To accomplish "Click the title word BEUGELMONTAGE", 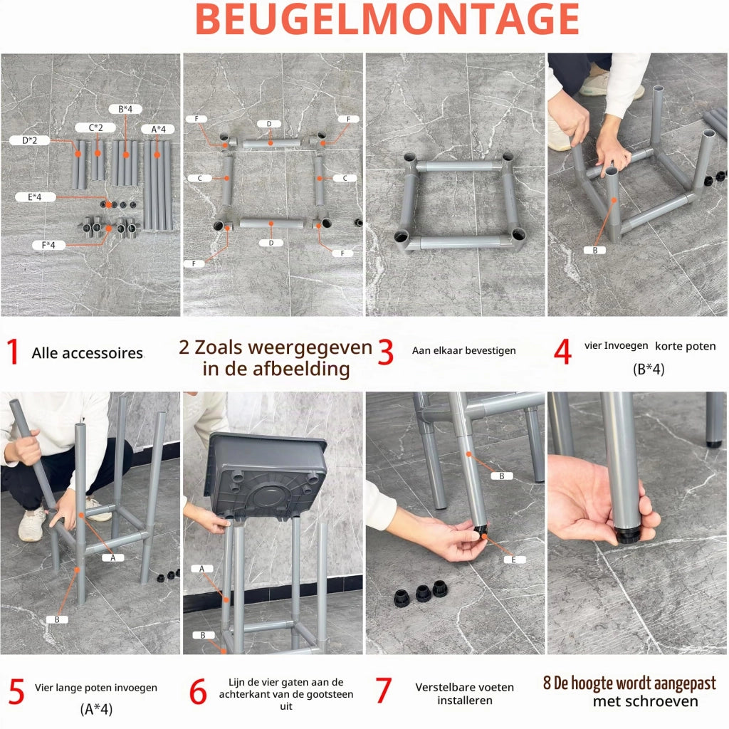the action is click(x=387, y=19).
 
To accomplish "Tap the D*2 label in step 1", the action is click(x=29, y=140).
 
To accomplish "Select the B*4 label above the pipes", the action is click(x=125, y=109).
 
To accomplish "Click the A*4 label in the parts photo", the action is click(x=158, y=129).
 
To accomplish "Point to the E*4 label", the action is click(x=35, y=196).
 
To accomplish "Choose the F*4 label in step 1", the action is click(x=48, y=245).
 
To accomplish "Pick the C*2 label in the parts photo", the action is click(x=95, y=127).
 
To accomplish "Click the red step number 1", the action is click(x=13, y=352).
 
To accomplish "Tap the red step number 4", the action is click(x=562, y=352).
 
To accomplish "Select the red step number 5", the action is click(x=16, y=691).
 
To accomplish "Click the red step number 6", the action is click(x=198, y=691).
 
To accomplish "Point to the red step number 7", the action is click(x=383, y=690).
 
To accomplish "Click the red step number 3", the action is click(x=385, y=352).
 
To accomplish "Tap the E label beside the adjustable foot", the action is click(x=514, y=560).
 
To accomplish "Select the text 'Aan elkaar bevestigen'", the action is click(x=464, y=350).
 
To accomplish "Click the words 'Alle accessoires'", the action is click(x=88, y=353).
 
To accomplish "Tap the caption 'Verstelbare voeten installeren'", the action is click(x=464, y=693).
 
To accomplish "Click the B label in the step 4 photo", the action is click(x=595, y=250).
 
